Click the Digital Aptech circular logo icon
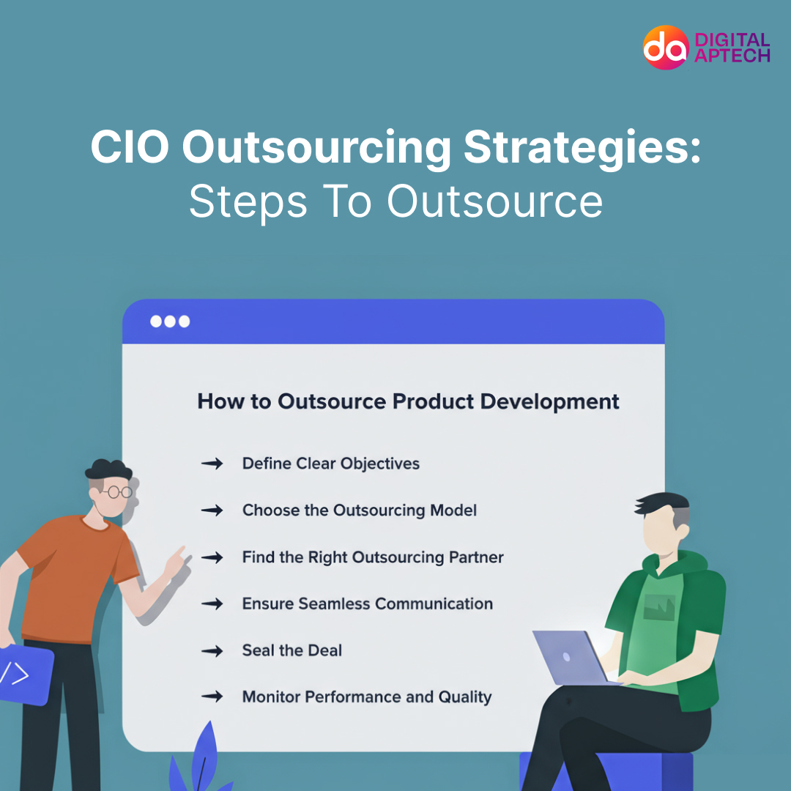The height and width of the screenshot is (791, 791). tap(666, 47)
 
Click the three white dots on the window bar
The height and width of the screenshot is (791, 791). tap(170, 322)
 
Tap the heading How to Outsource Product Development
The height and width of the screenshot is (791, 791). tap(408, 401)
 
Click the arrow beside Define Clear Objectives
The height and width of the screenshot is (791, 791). tap(212, 464)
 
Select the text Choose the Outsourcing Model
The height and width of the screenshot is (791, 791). tap(360, 510)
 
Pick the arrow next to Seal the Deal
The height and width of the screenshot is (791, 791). tap(212, 650)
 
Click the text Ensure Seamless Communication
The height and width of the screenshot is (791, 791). tap(367, 604)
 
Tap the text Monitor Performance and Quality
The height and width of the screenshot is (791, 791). tap(366, 697)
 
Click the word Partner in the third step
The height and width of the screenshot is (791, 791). tap(476, 557)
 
